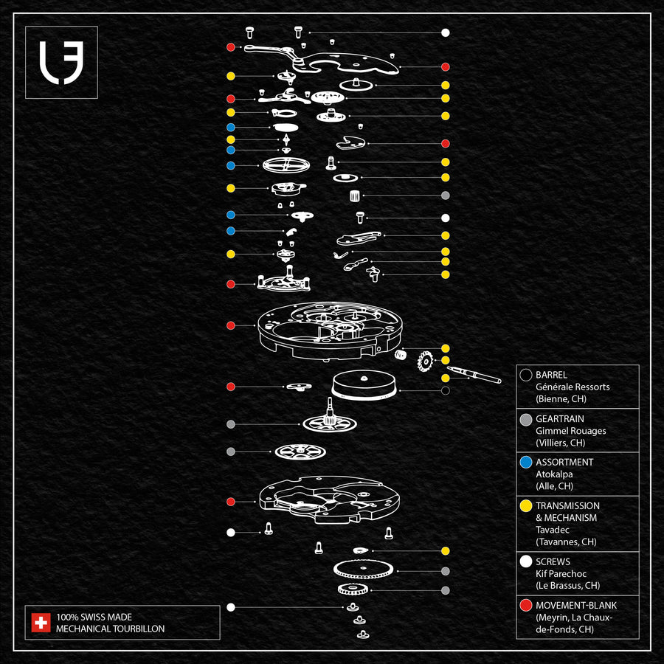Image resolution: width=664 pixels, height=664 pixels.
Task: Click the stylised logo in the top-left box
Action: (61, 62)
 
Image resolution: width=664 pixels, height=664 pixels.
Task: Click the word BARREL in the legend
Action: (551, 375)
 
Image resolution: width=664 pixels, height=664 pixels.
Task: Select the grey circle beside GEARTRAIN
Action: (526, 419)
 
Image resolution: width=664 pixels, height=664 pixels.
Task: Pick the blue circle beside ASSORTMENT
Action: (526, 463)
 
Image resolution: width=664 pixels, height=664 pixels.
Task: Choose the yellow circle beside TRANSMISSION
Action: (526, 506)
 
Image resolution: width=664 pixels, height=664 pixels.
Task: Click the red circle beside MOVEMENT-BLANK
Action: (526, 606)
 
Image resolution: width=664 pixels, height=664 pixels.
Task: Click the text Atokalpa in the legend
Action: (554, 474)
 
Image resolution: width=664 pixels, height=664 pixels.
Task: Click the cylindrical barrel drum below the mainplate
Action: (364, 386)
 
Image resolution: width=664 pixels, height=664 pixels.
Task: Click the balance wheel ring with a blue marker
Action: (285, 165)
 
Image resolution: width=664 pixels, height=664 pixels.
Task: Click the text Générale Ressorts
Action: (573, 387)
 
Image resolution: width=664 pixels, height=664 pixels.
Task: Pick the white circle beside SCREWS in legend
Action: (526, 561)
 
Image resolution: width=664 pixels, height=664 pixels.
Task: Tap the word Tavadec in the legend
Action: (553, 530)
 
